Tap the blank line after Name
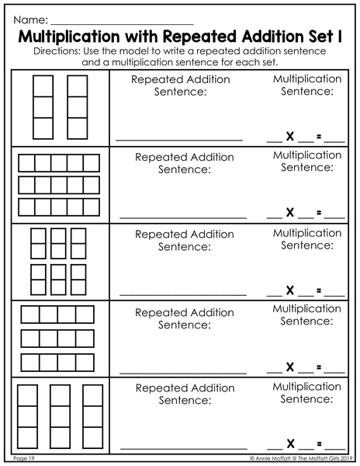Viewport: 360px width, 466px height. (x=122, y=24)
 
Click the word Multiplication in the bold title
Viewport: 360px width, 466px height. (x=69, y=37)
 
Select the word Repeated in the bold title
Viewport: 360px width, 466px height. (x=200, y=37)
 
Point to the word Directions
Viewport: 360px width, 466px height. (x=57, y=51)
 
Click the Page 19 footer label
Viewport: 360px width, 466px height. (x=24, y=458)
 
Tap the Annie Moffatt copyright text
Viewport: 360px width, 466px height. (x=301, y=458)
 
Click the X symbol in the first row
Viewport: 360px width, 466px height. (x=290, y=137)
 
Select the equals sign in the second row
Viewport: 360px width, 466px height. (x=319, y=213)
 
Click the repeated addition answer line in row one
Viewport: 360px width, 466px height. (x=179, y=140)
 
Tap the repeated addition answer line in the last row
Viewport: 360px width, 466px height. (x=184, y=448)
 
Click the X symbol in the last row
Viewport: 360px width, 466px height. (x=290, y=443)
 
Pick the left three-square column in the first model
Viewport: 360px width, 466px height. (x=43, y=107)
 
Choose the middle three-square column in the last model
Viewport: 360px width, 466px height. (x=61, y=416)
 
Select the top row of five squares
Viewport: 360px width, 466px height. (x=59, y=163)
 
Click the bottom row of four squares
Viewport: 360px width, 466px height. (x=57, y=363)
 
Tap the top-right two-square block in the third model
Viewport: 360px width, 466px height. (x=78, y=243)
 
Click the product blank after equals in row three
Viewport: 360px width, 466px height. (x=334, y=295)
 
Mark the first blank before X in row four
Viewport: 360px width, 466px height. (x=275, y=372)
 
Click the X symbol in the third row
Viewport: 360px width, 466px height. (x=290, y=290)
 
